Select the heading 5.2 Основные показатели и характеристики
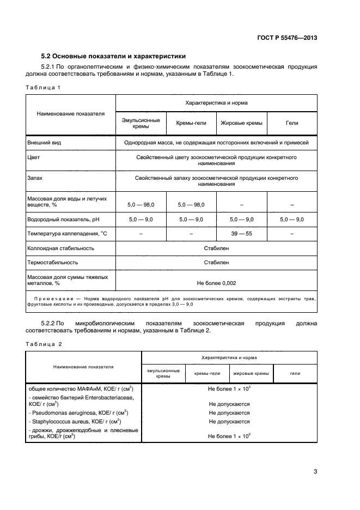pos(114,56)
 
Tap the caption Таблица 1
pos(42,87)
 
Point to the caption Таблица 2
pos(44,344)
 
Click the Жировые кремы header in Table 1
pos(241,123)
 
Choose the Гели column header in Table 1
pos(292,123)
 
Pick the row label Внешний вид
pos(44,142)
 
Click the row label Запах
pos(35,178)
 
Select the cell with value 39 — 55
pos(241,234)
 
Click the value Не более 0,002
pos(216,283)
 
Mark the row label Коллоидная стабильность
pos(60,248)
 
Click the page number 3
pos(315,472)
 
